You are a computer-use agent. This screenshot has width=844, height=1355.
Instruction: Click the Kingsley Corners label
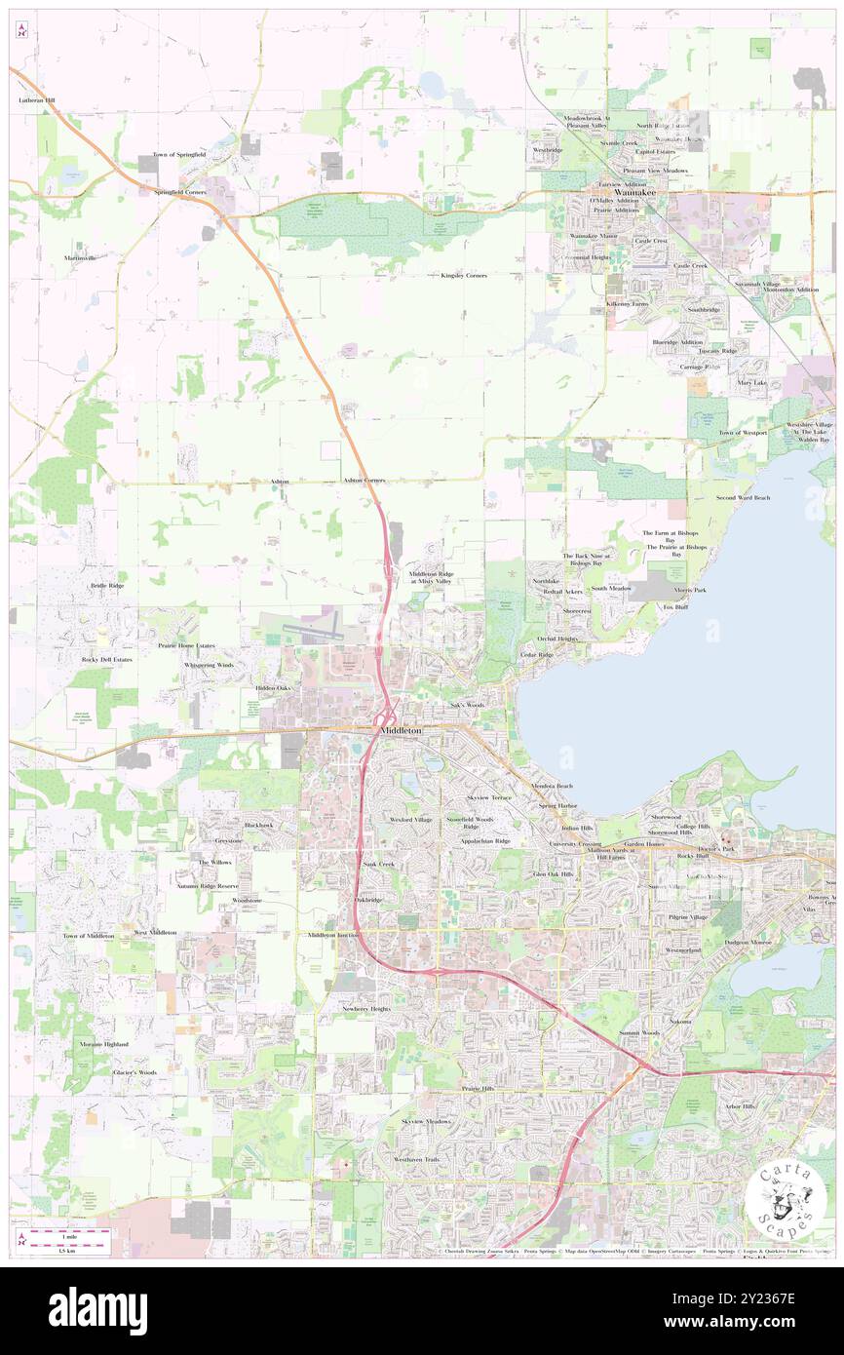tap(464, 276)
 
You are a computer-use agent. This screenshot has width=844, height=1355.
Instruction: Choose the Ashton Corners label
tap(364, 481)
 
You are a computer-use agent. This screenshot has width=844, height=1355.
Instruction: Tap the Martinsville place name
tap(81, 257)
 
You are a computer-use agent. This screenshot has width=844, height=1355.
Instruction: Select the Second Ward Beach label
tap(743, 498)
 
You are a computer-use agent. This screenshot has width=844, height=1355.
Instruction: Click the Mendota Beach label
tap(552, 786)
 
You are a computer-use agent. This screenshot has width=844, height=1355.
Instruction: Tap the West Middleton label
tap(156, 933)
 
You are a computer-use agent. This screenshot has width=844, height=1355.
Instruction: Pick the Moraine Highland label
tap(104, 1044)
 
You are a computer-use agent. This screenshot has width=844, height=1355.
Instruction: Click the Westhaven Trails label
tap(417, 1159)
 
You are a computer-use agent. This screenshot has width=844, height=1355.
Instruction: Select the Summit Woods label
tap(638, 1032)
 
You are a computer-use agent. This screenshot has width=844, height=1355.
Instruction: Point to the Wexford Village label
tap(411, 820)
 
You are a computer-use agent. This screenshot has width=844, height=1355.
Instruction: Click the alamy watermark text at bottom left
tap(97, 1310)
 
